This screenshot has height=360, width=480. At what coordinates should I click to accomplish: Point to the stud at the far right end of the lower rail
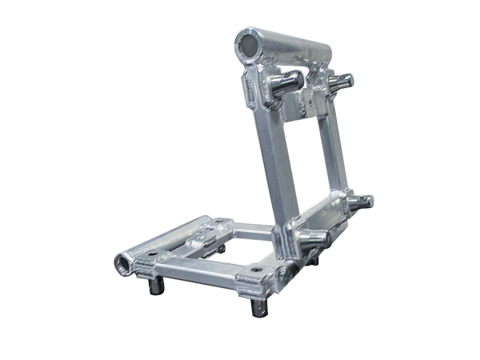click(x=366, y=200)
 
